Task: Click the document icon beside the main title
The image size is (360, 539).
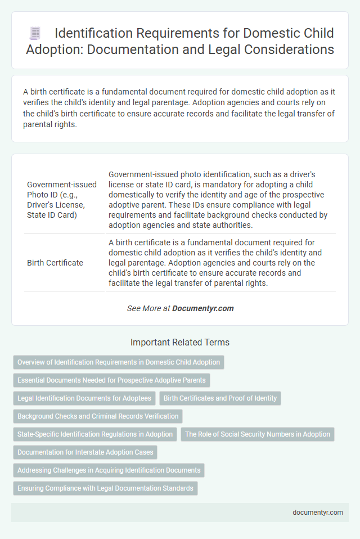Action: click(34, 33)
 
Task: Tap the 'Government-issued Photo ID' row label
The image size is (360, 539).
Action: click(62, 200)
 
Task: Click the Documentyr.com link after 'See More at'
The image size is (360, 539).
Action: click(203, 308)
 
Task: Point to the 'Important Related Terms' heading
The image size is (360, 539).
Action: click(180, 342)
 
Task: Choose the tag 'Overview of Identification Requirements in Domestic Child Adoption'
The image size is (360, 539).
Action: click(119, 362)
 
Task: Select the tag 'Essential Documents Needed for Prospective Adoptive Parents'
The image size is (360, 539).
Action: click(111, 380)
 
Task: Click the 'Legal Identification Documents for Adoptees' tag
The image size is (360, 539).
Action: click(84, 398)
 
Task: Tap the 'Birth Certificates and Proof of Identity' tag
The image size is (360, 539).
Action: click(220, 398)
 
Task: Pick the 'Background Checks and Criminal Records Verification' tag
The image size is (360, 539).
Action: click(98, 416)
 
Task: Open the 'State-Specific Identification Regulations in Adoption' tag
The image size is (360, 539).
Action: click(95, 434)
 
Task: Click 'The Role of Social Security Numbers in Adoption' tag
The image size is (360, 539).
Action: click(258, 434)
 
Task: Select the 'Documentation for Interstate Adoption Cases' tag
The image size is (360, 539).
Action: click(85, 452)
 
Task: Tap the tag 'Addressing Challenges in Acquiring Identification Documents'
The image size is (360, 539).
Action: click(109, 470)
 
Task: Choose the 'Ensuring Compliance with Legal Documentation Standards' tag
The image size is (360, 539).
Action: click(105, 488)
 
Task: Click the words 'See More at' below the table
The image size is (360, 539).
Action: click(148, 308)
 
